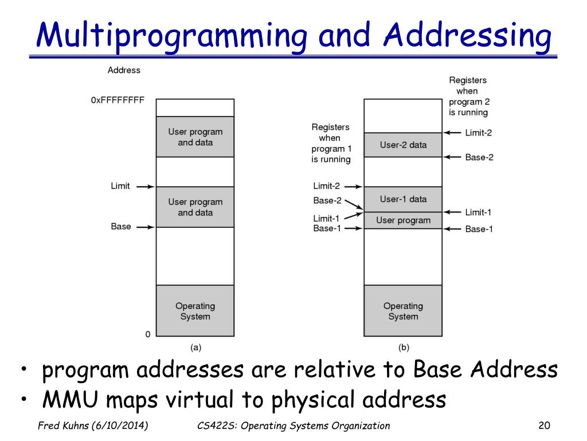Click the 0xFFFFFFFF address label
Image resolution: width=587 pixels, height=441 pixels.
(118, 100)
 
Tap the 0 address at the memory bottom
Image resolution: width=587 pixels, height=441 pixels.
(147, 334)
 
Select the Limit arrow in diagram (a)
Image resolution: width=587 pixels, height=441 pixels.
(146, 187)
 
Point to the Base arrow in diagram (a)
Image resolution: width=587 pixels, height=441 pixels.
(146, 227)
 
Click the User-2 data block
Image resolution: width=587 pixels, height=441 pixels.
(403, 145)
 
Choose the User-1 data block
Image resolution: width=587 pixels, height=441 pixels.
(403, 199)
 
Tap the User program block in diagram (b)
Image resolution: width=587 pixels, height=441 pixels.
(403, 220)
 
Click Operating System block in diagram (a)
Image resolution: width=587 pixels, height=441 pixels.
(195, 311)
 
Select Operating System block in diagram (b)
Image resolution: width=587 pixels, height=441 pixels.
(403, 311)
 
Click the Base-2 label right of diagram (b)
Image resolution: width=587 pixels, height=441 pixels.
(479, 157)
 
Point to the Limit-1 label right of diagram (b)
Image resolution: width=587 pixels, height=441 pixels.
(478, 212)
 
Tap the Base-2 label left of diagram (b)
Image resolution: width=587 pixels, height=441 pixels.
(327, 200)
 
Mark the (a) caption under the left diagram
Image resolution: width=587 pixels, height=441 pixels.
(195, 347)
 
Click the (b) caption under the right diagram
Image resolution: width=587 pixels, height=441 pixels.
(404, 347)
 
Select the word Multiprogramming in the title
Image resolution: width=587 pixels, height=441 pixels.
(170, 36)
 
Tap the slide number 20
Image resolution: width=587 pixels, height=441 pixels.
(544, 425)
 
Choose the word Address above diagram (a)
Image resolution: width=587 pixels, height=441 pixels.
(124, 70)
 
